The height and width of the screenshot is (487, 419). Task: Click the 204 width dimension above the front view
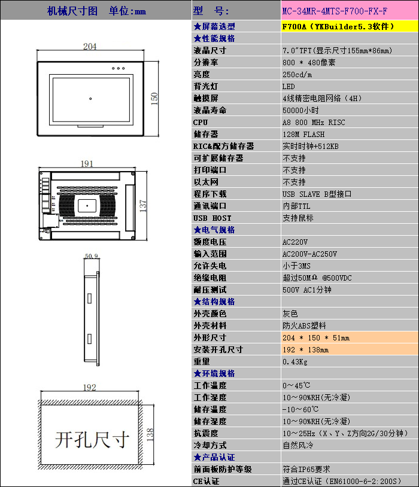90,46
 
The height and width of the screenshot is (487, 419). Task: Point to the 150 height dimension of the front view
154,99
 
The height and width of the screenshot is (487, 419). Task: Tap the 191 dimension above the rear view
87,164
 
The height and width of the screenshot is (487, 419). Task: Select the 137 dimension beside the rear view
142,206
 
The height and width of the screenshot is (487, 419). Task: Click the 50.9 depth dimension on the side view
92,256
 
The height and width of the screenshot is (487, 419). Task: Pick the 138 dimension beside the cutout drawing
150,434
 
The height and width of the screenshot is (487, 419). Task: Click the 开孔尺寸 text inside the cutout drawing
92,440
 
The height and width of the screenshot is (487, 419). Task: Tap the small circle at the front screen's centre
90,99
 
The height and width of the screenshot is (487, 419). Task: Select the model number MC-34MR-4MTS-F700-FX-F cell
350,11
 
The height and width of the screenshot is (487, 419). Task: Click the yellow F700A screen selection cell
350,26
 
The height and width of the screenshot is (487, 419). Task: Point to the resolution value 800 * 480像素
309,62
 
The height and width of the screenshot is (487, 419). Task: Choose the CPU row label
201,123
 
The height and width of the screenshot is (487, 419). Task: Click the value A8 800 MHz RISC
314,123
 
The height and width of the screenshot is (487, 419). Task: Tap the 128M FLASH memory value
303,134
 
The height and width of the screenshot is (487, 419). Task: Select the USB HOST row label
212,218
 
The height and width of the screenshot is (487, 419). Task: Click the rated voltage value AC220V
295,242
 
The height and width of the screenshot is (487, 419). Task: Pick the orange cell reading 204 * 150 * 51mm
350,337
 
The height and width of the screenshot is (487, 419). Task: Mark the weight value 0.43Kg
295,361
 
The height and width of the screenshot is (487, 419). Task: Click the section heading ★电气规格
214,230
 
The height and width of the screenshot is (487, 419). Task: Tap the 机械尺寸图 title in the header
72,11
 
